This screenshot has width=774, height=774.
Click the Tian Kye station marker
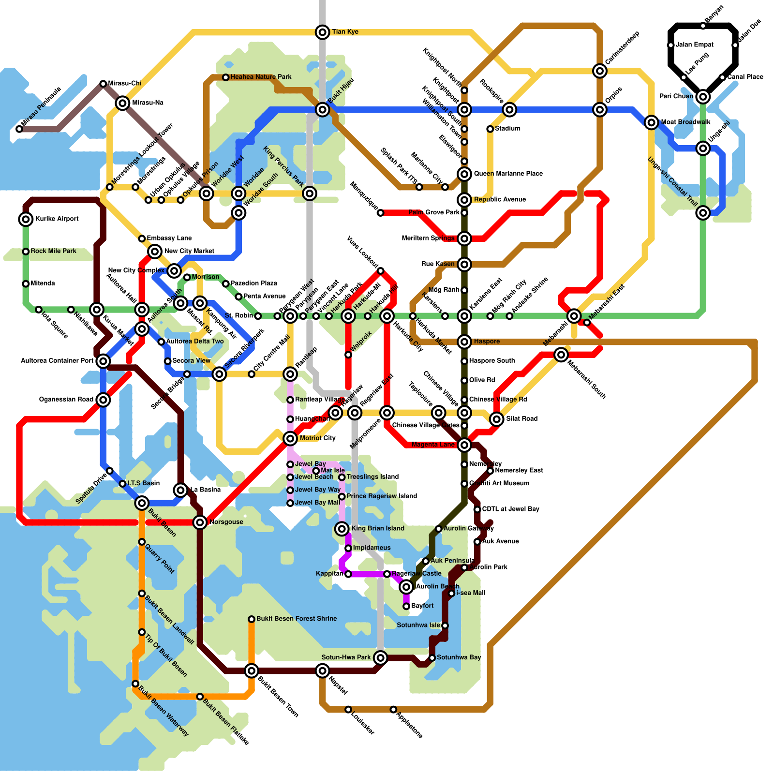323,32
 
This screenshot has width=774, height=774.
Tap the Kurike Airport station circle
26,219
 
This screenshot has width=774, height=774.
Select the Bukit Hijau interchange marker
323,110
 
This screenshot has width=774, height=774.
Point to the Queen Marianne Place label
508,174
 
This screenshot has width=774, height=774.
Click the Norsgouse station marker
200,522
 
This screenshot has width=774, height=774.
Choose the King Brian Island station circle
342,529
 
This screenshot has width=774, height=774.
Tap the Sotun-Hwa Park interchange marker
381,657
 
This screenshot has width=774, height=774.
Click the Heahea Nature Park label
261,77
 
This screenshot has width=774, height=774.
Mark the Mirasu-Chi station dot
103,84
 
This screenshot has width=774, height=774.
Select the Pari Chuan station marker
703,97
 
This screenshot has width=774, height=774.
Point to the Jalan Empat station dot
670,45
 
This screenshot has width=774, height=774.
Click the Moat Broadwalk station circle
652,122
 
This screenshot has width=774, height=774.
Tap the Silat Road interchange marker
496,419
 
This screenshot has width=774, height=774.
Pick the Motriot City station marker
290,438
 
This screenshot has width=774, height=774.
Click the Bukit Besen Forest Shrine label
297,619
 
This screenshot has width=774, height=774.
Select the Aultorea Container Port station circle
103,361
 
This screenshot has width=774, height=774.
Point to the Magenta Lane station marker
464,445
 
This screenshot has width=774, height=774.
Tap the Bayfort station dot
406,606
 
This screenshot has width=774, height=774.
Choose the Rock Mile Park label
53,251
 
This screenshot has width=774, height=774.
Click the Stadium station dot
490,129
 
